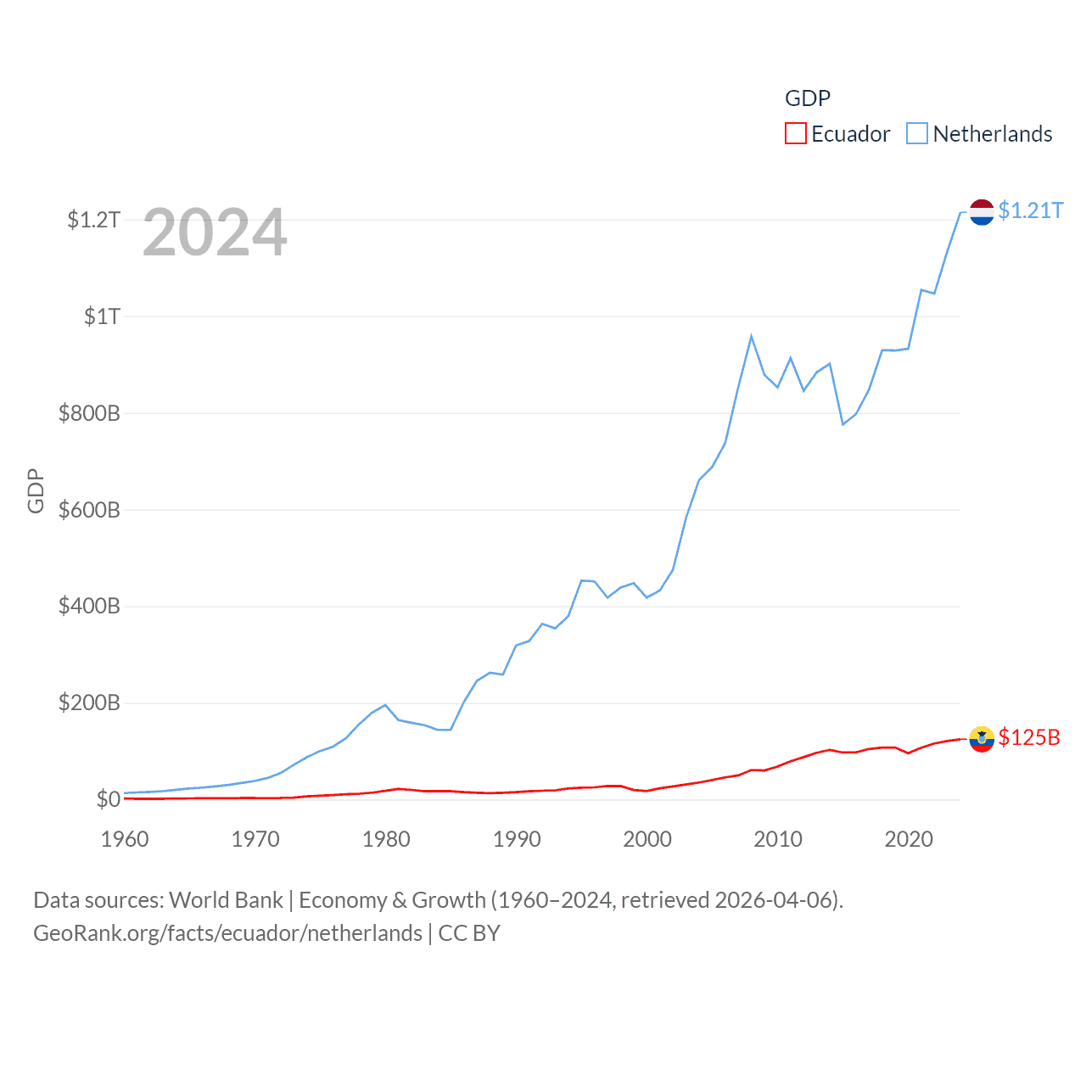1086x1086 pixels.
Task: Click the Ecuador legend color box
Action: coord(795,134)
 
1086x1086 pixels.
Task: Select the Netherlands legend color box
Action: coord(917,134)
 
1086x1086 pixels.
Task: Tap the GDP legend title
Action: coord(807,98)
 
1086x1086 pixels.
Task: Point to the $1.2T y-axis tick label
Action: coord(93,220)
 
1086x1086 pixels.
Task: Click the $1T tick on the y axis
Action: coord(102,316)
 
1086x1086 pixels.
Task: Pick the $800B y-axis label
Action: coord(89,413)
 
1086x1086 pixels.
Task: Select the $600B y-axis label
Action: coord(89,510)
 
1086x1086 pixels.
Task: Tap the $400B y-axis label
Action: coord(89,607)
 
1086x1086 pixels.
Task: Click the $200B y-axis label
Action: coord(89,703)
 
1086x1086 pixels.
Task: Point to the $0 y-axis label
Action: coord(108,799)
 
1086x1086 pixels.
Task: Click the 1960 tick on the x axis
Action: coord(125,839)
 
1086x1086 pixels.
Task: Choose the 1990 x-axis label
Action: coord(517,839)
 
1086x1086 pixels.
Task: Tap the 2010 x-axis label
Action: coord(778,839)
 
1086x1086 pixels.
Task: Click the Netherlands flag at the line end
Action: coord(982,212)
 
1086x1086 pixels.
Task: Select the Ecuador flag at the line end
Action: coord(982,739)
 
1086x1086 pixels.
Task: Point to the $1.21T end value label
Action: coord(1030,210)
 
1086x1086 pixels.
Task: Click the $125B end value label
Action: coord(1029,737)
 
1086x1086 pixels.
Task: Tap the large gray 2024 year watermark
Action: coord(215,232)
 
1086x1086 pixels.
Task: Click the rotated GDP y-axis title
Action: coord(36,490)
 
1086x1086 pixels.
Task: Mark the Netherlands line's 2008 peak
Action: coord(751,337)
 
